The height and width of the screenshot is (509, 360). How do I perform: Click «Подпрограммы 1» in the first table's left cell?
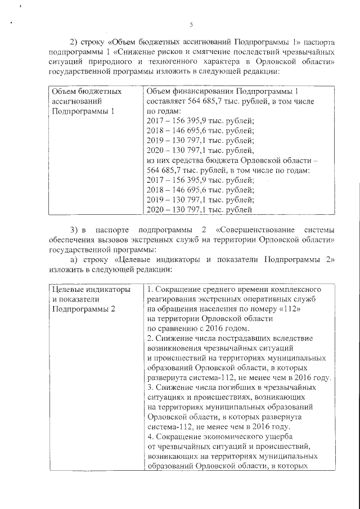pyautogui.click(x=83, y=111)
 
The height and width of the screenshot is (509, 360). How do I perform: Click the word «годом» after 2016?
pyautogui.click(x=233, y=328)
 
